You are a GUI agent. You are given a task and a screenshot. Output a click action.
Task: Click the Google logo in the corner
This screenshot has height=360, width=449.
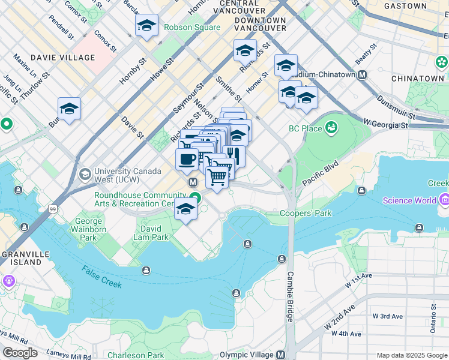20,353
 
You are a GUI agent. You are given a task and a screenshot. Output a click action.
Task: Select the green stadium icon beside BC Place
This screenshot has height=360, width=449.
331,127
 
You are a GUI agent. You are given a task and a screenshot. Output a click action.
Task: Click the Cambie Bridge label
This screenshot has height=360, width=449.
290,296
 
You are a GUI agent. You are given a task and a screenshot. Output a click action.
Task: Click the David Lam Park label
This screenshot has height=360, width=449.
154,233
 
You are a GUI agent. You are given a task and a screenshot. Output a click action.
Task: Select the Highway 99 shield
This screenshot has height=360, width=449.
53,209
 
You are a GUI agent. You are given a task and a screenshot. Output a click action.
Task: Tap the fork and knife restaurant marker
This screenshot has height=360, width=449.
234,155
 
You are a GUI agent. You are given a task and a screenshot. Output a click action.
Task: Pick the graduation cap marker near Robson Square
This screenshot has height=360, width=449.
146,26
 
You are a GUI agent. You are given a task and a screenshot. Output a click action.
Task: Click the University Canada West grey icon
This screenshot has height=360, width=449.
85,174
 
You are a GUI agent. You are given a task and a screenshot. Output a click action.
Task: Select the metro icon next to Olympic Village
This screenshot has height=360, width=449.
280,355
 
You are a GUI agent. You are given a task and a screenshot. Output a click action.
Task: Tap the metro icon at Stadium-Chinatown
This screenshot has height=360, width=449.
363,75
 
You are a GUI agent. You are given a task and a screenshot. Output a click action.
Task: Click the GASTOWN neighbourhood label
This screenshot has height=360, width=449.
405,6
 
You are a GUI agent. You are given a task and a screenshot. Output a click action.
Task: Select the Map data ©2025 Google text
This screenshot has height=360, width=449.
411,355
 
